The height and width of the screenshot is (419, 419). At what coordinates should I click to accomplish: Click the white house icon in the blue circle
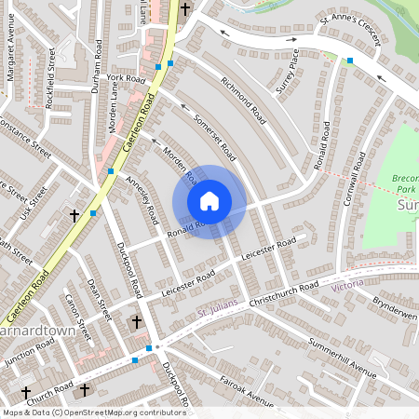(x=209, y=201)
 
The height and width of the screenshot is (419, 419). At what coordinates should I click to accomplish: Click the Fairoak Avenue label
(x=247, y=391)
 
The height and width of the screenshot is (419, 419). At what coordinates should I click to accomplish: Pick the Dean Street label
(x=99, y=297)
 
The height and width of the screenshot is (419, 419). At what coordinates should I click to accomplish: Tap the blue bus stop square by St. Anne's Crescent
(x=350, y=61)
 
